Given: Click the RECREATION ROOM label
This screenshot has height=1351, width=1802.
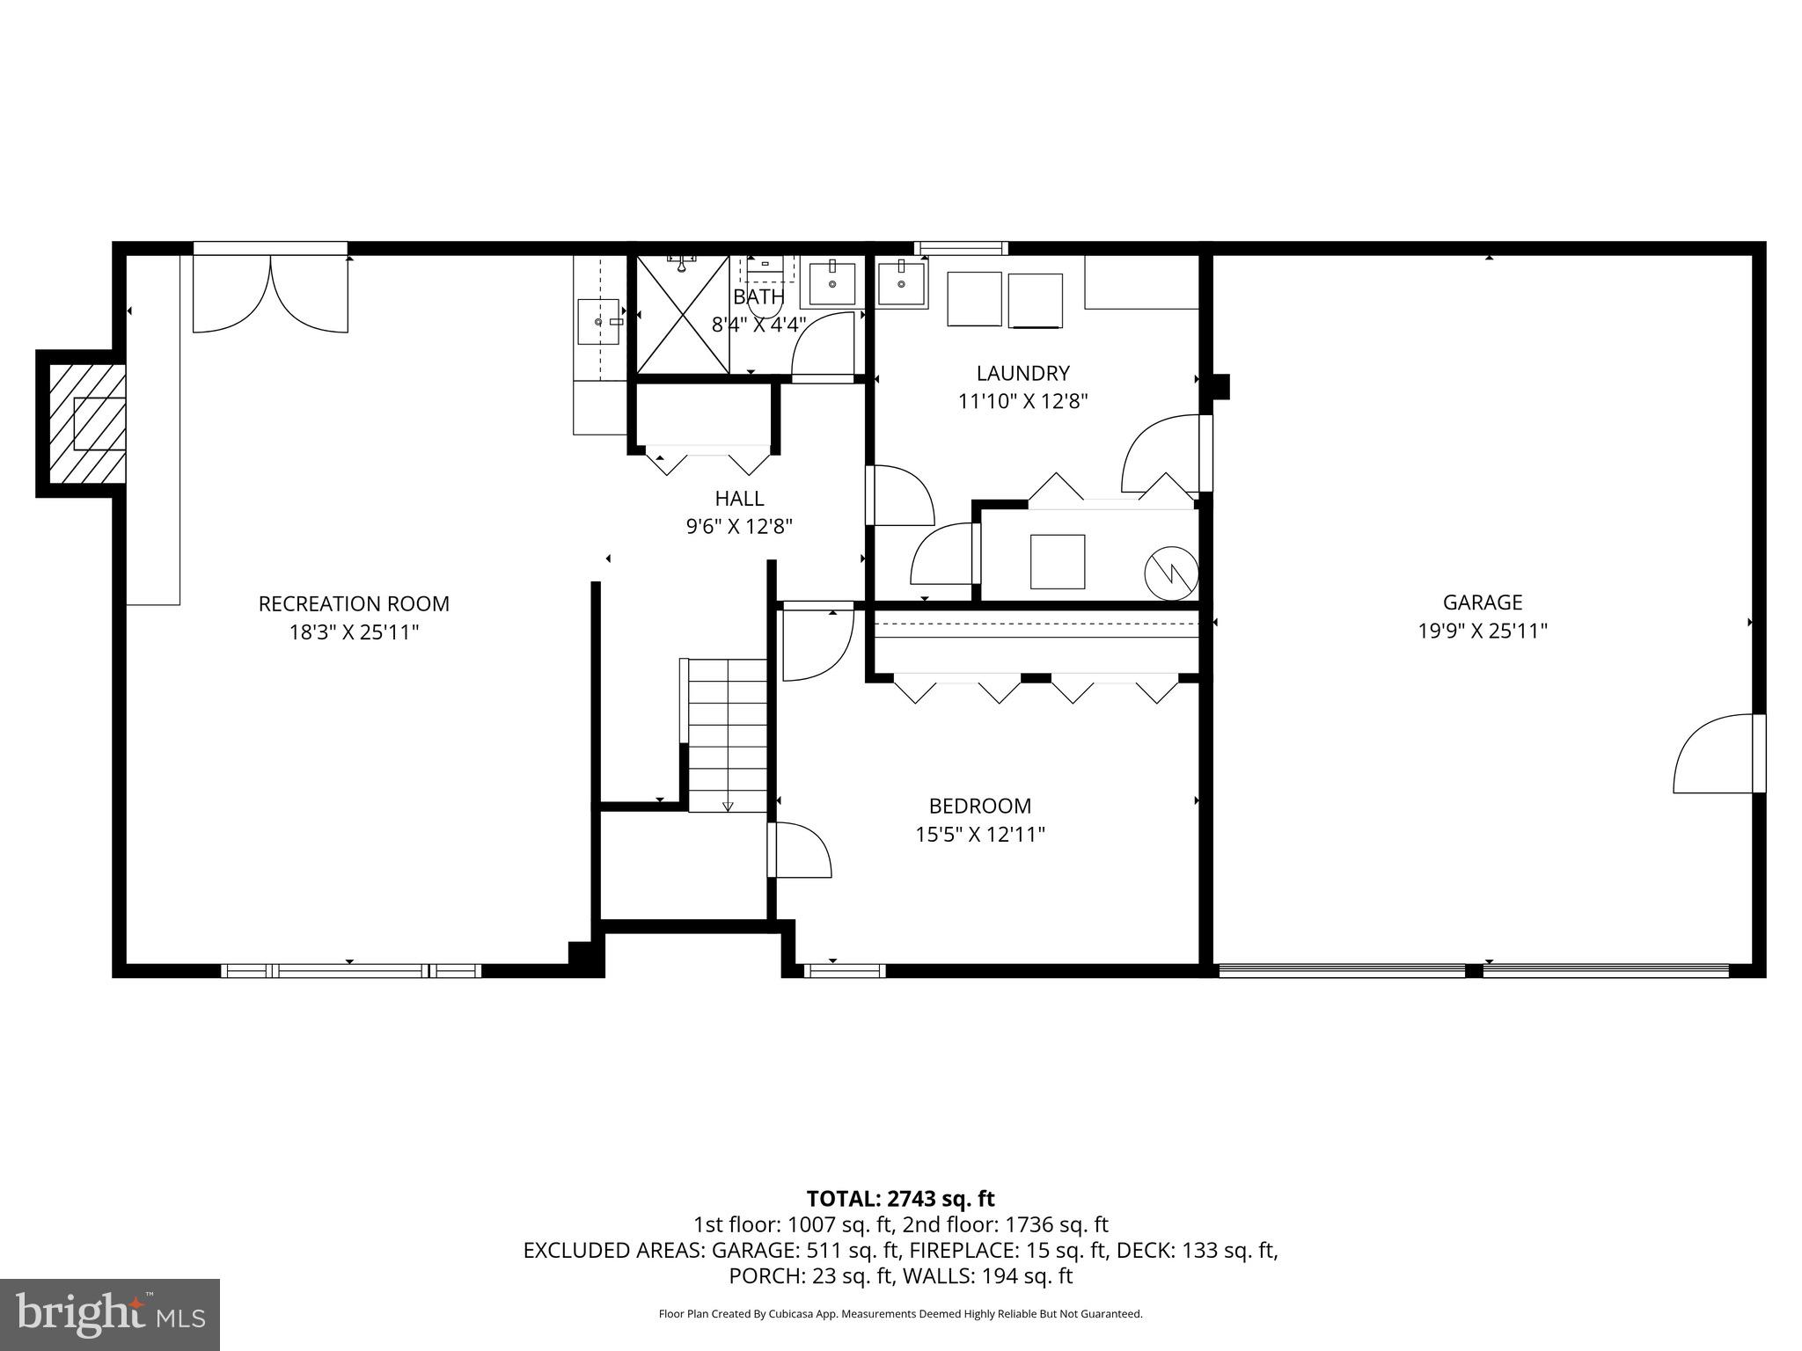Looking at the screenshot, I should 354,604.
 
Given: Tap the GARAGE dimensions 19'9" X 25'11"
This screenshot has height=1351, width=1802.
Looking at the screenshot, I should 1482,631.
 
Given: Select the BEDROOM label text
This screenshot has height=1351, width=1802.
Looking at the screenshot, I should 979,806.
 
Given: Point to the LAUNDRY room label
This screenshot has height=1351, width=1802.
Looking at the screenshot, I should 1022,373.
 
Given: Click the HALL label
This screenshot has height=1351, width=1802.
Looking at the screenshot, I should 739,499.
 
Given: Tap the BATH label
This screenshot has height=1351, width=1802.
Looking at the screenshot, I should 758,297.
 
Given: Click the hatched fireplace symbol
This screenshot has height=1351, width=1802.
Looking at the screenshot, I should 86,424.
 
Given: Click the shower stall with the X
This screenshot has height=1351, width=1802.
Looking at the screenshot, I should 683,315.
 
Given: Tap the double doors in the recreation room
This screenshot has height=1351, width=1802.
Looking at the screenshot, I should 270,293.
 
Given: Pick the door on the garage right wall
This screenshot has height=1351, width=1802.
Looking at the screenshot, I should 1716,755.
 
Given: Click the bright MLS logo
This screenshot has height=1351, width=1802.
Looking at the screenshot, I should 110,1314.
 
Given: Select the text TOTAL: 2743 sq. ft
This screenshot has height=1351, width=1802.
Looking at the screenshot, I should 900,1199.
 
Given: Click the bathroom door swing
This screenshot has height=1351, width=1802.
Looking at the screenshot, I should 824,347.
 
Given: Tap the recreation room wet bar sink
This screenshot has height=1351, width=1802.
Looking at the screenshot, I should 599,322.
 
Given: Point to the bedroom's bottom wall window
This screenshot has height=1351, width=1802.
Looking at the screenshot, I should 844,971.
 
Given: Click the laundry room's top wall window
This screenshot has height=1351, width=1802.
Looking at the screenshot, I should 961,248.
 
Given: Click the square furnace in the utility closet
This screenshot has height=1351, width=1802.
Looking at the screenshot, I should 1057,561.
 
